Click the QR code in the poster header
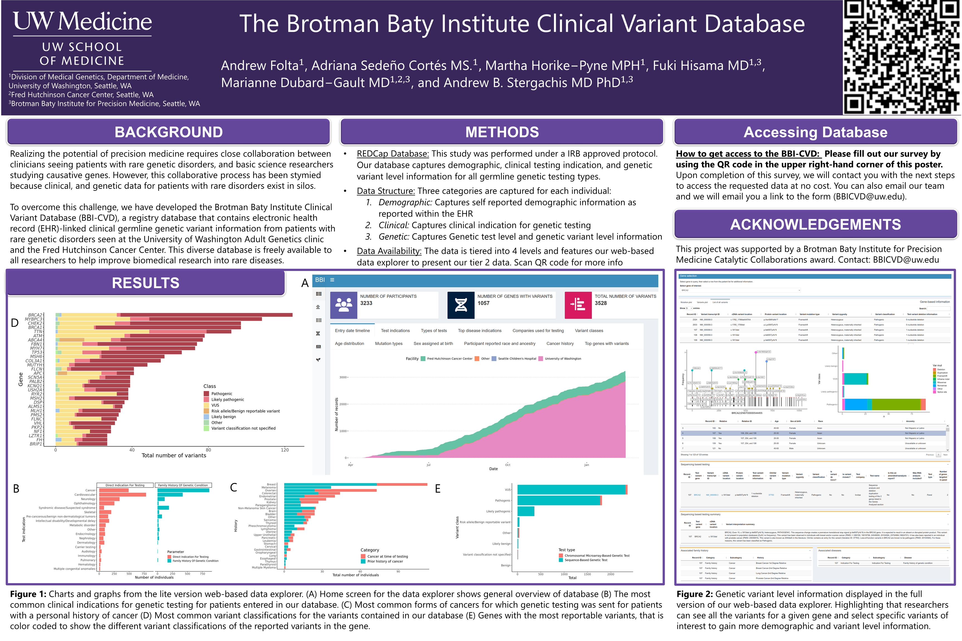[x=902, y=57]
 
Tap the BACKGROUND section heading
[x=168, y=132]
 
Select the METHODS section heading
[x=502, y=132]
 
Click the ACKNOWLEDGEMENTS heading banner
[x=816, y=225]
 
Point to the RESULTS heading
[x=146, y=283]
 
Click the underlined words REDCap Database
[x=393, y=154]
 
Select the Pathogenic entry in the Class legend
[x=221, y=394]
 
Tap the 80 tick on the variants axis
[x=208, y=450]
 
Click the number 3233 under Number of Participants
[x=366, y=303]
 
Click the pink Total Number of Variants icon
[x=578, y=305]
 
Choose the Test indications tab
[x=395, y=331]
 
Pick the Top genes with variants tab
[x=607, y=344]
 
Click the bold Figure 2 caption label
[x=694, y=594]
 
